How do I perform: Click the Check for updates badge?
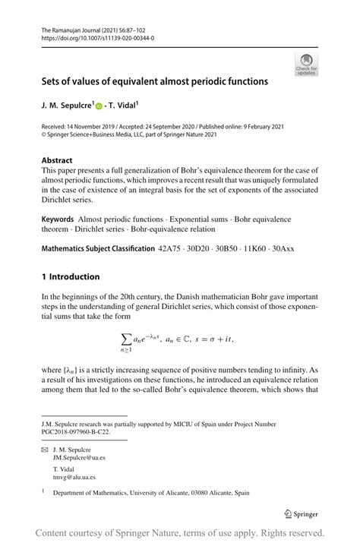pyautogui.click(x=308, y=64)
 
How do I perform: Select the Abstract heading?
pyautogui.click(x=58, y=160)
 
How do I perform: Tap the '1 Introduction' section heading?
pyautogui.click(x=71, y=276)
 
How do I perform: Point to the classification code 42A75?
pyautogui.click(x=169, y=248)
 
